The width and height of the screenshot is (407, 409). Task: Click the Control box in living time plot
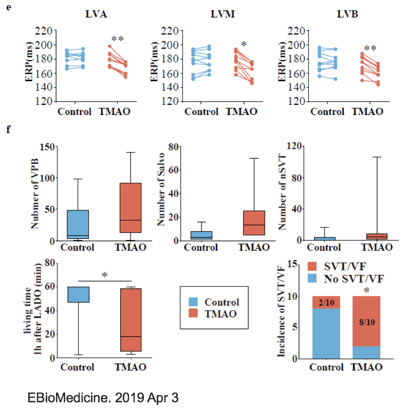[x=79, y=294]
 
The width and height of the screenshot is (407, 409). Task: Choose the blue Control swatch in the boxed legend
[x=193, y=302]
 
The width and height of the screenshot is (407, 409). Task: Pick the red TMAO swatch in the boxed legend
[x=193, y=313]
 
